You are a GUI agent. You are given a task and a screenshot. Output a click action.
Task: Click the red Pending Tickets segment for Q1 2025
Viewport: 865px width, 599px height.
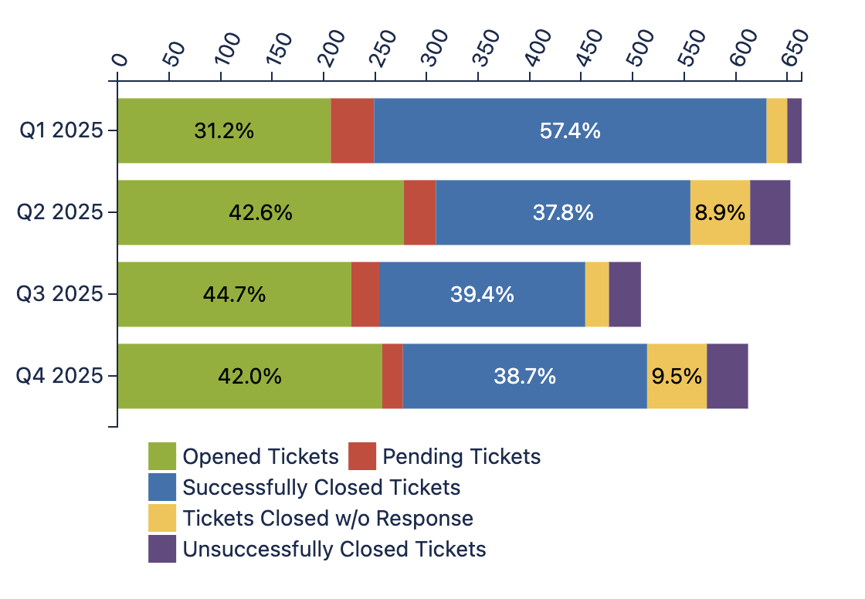(x=352, y=131)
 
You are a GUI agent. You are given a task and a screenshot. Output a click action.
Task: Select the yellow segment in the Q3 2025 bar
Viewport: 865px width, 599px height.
(x=597, y=294)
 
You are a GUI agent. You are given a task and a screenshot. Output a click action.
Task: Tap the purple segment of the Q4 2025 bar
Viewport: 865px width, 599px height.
(x=728, y=376)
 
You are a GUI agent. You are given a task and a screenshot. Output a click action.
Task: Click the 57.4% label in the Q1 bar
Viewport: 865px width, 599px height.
(x=570, y=131)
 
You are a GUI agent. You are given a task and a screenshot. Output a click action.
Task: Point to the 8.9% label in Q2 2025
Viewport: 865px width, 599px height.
(x=720, y=212)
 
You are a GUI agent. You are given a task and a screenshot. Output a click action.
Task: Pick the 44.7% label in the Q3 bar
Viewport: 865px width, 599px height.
(x=234, y=294)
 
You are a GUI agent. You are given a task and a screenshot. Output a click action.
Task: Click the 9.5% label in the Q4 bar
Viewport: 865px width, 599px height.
(x=677, y=376)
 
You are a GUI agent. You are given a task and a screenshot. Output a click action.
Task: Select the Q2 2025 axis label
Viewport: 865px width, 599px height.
(x=61, y=212)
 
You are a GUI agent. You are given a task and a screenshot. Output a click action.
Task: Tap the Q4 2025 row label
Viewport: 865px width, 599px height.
(x=61, y=376)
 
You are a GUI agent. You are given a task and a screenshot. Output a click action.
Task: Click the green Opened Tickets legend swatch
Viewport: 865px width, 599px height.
(x=162, y=456)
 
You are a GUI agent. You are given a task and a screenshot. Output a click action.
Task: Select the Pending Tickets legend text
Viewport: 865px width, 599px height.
(x=462, y=456)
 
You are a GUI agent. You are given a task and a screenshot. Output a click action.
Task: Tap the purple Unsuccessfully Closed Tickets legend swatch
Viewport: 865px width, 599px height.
(x=162, y=549)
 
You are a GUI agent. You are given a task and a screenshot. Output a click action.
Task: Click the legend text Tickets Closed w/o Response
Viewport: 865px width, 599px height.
(x=327, y=518)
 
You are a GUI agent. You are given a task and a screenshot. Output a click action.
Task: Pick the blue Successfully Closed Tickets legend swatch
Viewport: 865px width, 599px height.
(x=162, y=487)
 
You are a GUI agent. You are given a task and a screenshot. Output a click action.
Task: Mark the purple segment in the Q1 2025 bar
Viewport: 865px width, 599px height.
(x=794, y=131)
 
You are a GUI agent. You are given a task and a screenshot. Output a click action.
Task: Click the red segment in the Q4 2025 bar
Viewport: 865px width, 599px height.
(x=392, y=376)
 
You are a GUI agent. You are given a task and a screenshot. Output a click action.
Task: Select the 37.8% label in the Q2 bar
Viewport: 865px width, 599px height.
(x=563, y=212)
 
